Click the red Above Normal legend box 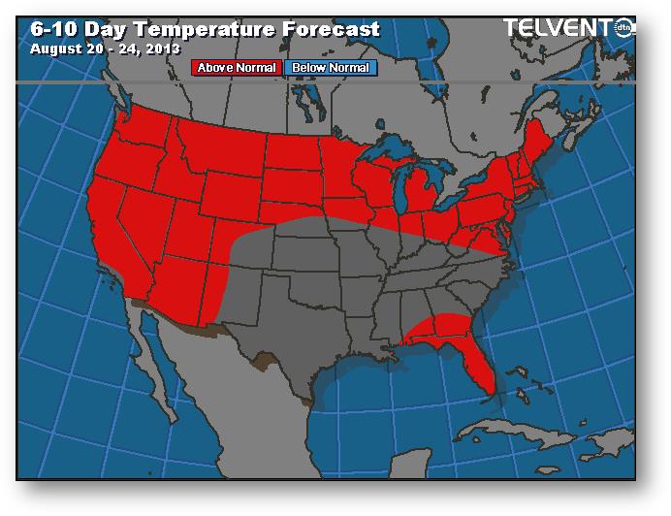pos(238,68)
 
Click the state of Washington pos(142,126)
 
